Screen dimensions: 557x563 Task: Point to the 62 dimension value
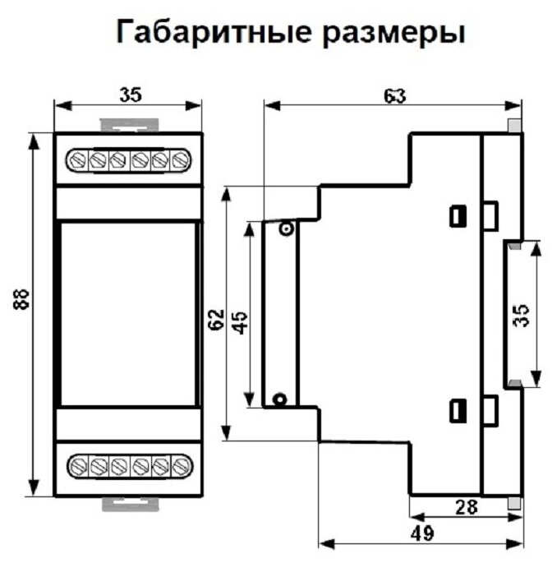[x=216, y=318]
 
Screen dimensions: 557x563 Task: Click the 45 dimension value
[x=239, y=318]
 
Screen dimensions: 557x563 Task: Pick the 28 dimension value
[x=466, y=509]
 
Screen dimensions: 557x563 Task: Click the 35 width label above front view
[x=129, y=94]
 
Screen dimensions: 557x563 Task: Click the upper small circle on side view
[x=285, y=229]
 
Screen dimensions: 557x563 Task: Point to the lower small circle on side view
[x=279, y=399]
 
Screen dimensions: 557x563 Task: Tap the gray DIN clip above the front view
[x=127, y=125]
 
